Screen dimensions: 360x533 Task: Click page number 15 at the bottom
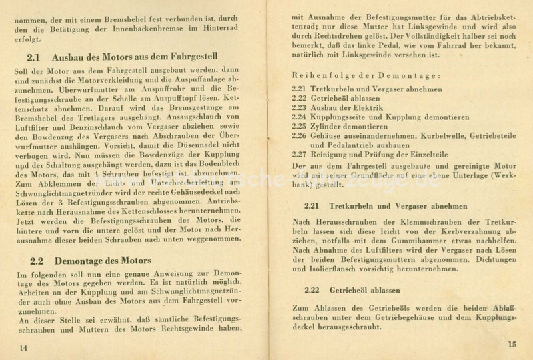click(x=511, y=344)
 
